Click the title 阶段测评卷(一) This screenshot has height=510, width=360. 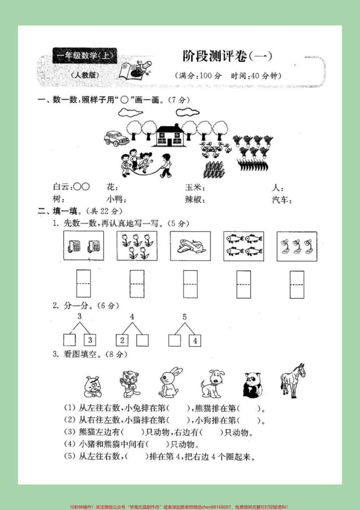coord(227,56)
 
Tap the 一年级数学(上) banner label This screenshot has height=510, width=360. coord(85,56)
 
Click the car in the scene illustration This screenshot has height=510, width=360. coord(116,139)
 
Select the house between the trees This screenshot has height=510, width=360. coord(170,135)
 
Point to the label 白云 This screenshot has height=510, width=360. coord(61,187)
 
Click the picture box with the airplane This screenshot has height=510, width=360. coord(190,246)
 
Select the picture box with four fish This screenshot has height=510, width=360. coord(244,246)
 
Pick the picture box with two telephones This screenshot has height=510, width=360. coord(83,246)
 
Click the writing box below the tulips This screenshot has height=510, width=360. coord(136,284)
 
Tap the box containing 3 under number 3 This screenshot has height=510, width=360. coord(90,340)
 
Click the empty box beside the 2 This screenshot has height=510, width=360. coord(142,340)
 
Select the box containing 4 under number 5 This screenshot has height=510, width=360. coord(195,340)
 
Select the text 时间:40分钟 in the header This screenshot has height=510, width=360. coord(256,76)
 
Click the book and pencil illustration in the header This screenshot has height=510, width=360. coord(135,69)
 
